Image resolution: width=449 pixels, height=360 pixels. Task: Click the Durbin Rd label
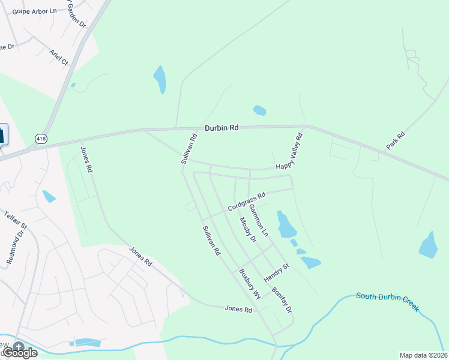221,128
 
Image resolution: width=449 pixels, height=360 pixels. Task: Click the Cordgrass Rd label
246,202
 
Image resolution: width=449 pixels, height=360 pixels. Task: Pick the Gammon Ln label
259,219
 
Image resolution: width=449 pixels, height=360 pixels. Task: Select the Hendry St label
277,273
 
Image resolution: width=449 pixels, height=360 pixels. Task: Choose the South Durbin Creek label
387,302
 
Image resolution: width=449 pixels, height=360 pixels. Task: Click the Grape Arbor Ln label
34,11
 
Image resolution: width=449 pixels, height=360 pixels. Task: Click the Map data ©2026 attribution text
423,355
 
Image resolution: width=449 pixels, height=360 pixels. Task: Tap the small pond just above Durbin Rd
259,110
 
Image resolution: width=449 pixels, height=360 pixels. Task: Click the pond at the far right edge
428,245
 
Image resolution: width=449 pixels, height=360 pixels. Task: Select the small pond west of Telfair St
49,196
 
